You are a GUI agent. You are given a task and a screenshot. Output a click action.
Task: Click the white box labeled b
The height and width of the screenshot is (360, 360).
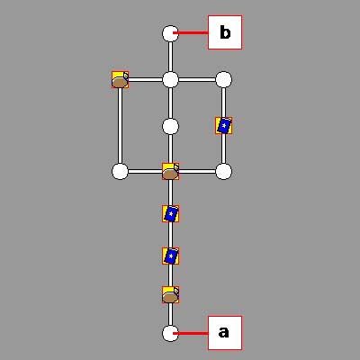coord(225,32)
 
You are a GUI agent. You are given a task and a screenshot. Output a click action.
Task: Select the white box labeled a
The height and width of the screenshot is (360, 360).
coord(225,333)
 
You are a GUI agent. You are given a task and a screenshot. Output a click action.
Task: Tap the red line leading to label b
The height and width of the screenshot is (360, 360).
coord(191,32)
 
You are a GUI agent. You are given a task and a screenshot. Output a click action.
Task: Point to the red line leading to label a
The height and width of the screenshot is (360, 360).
coord(191,333)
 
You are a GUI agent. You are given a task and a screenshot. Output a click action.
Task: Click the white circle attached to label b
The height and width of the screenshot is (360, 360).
coord(170,33)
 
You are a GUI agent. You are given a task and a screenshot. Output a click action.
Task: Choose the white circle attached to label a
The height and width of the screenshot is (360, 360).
coord(170,333)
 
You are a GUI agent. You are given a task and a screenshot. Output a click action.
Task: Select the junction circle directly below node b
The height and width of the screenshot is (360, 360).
coord(170,80)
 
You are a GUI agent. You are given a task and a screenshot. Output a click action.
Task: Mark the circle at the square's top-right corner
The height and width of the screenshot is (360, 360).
coord(223,80)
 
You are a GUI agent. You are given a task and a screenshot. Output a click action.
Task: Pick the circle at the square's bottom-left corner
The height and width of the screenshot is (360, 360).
coord(120,172)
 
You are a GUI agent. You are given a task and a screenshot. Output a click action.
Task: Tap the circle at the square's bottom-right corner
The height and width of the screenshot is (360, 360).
coord(223,172)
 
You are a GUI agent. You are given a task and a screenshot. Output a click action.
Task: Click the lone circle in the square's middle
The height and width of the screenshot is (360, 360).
coord(170,126)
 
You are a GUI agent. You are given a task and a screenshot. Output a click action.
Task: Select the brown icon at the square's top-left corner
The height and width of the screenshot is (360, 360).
coord(120,80)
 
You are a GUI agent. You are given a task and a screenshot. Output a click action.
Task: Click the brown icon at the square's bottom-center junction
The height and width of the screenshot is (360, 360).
coord(170,172)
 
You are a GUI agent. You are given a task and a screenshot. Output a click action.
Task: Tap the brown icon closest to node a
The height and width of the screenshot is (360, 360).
coord(170,295)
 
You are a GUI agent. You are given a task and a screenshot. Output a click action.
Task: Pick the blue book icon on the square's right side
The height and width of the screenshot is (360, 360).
coord(223,126)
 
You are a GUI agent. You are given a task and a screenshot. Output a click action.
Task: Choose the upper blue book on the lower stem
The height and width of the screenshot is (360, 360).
coord(170,214)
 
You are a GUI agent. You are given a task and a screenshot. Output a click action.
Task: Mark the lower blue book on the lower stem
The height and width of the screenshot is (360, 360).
coord(170,256)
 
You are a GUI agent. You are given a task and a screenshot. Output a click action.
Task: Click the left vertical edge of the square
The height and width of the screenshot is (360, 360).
coord(120,126)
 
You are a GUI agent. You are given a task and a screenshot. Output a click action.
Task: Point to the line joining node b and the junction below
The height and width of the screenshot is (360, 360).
coord(170,57)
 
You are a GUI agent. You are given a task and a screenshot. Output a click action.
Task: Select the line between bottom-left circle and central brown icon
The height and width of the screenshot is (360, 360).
coord(145,172)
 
